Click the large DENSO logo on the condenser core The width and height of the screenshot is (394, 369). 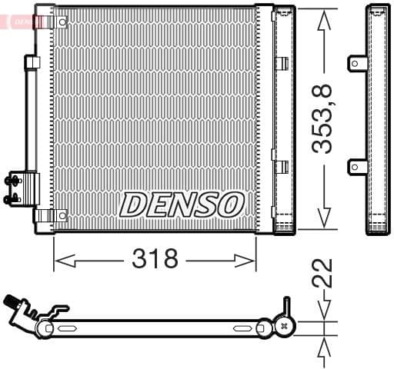[x=182, y=204]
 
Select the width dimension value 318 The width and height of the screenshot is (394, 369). [x=155, y=259]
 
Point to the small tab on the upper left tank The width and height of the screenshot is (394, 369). [x=32, y=62]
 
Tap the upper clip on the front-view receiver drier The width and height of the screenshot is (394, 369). [x=281, y=64]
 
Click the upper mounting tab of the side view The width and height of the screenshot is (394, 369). [x=357, y=63]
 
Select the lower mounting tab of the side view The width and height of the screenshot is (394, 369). [x=357, y=165]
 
